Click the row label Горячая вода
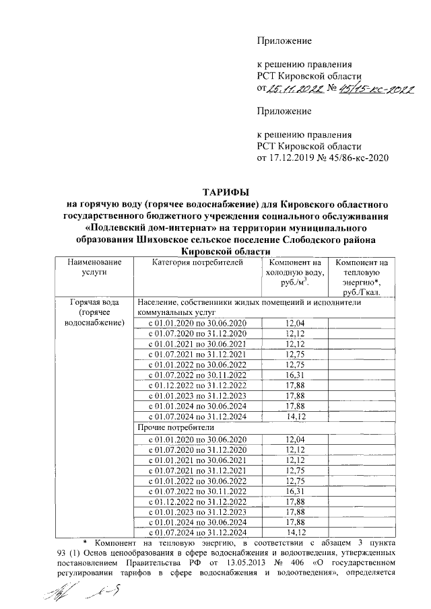click(94, 303)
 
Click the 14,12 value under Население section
click(295, 417)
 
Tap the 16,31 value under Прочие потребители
click(295, 491)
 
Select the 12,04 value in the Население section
click(295, 324)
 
